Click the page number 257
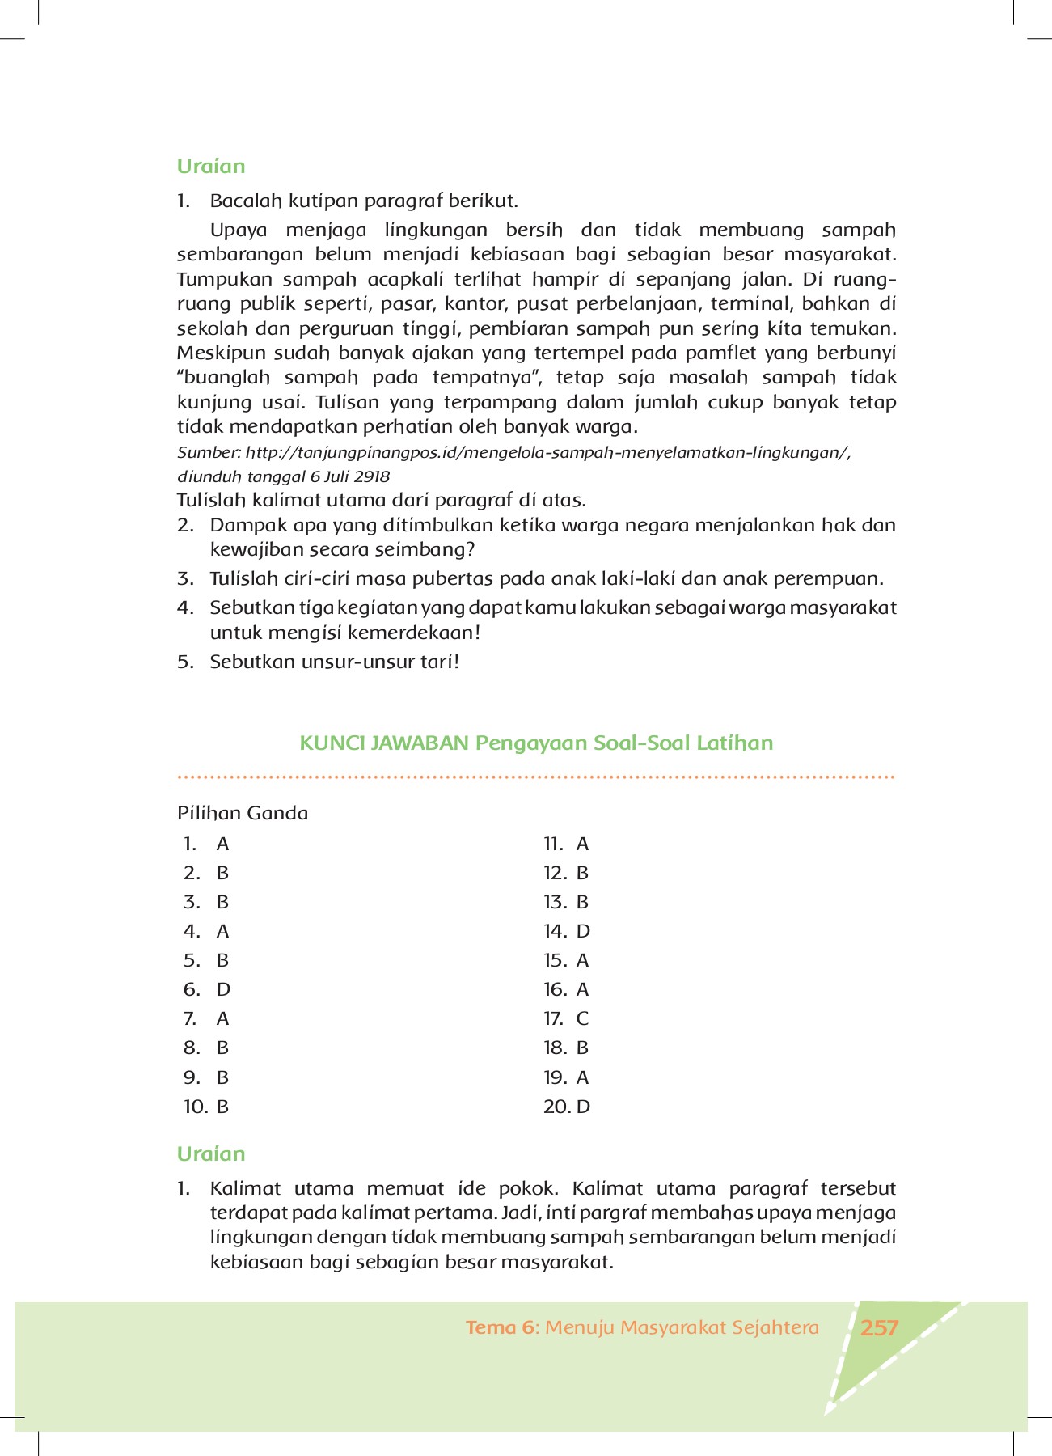pyautogui.click(x=880, y=1328)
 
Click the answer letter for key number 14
pyautogui.click(x=583, y=932)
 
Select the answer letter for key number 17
pyautogui.click(x=582, y=1019)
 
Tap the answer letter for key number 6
pyautogui.click(x=223, y=990)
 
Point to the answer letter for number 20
pyautogui.click(x=583, y=1107)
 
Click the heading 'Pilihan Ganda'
pyautogui.click(x=243, y=814)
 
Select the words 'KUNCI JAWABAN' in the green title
pyautogui.click(x=384, y=743)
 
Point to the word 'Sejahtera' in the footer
pyautogui.click(x=775, y=1328)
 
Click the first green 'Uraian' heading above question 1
pyautogui.click(x=211, y=167)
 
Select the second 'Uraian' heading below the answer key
pyautogui.click(x=211, y=1154)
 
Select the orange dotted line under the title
pyautogui.click(x=535, y=777)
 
